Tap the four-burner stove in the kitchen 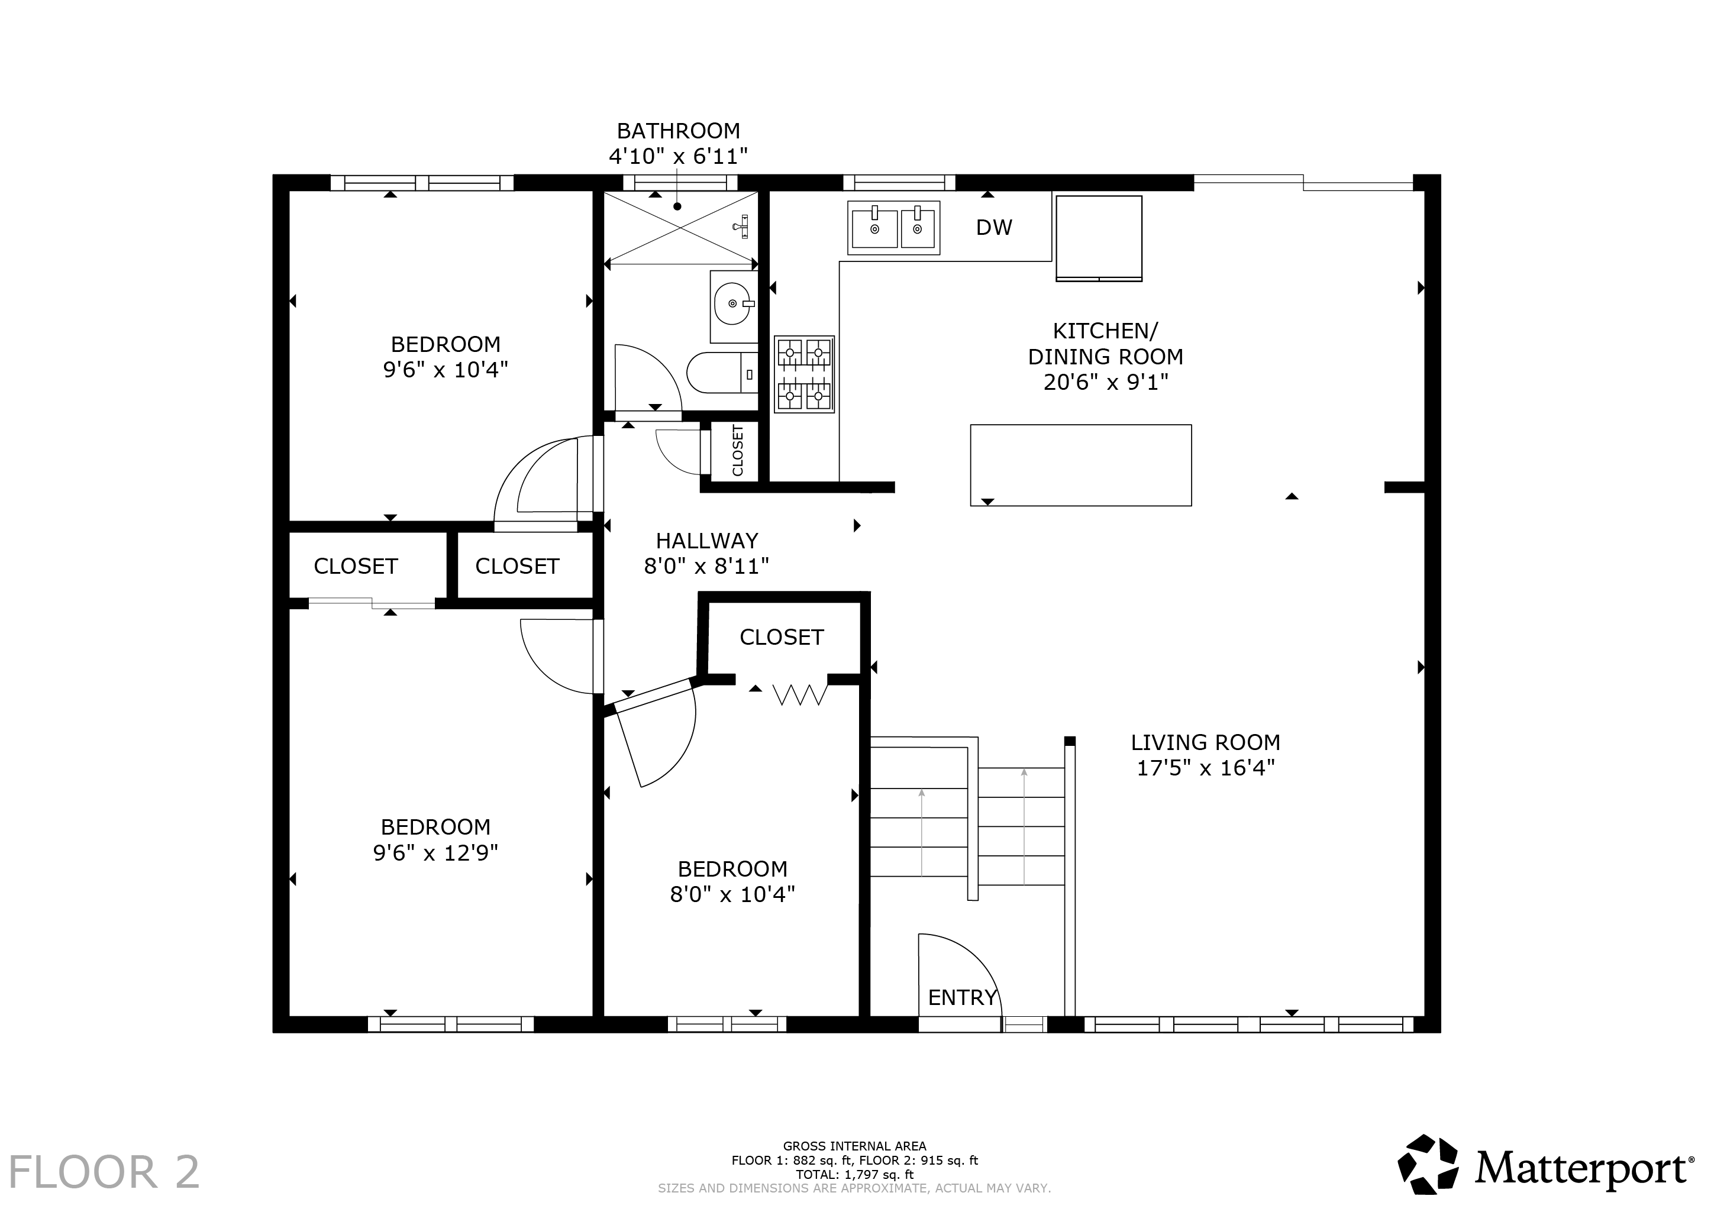[804, 374]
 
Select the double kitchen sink [893, 228]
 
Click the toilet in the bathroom [722, 373]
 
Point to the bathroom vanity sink [734, 305]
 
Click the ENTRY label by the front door [962, 997]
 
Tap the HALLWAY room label [707, 540]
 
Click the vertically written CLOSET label [738, 450]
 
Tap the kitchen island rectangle [1080, 465]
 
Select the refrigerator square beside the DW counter [1099, 238]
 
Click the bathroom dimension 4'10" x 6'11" [678, 156]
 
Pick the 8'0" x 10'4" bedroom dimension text [732, 894]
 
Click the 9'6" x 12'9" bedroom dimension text [435, 852]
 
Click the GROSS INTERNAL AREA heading [855, 1146]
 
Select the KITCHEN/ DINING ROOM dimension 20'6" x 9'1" [1106, 382]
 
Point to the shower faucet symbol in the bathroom [741, 225]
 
